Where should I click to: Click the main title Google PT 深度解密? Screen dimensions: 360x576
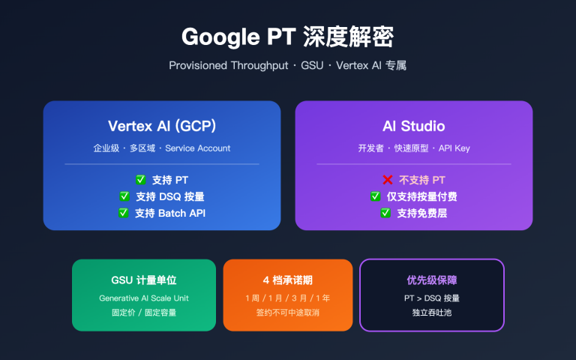point(287,37)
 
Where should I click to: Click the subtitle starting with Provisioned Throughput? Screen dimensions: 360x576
point(287,66)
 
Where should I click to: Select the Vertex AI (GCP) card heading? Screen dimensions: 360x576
point(162,125)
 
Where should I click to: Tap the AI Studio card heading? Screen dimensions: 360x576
point(414,125)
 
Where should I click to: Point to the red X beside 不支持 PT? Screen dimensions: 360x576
point(388,180)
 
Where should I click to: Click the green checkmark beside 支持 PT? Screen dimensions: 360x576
point(140,180)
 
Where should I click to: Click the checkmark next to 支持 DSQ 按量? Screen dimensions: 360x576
point(124,196)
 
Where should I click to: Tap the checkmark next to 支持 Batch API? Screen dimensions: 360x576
point(124,213)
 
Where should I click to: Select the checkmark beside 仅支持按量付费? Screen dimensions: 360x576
point(376,196)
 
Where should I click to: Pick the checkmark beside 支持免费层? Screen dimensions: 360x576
point(385,213)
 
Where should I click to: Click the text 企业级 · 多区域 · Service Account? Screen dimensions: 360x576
point(162,148)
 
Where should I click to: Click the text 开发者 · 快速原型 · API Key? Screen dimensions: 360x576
point(414,148)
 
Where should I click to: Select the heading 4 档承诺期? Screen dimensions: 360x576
point(288,280)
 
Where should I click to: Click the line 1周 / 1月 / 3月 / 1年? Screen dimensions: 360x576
point(288,298)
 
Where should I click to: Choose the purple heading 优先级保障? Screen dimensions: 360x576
point(432,280)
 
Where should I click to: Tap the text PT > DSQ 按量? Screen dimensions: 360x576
point(432,298)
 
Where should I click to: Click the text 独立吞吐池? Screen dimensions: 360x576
point(432,312)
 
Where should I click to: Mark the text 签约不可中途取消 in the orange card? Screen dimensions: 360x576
point(288,312)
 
